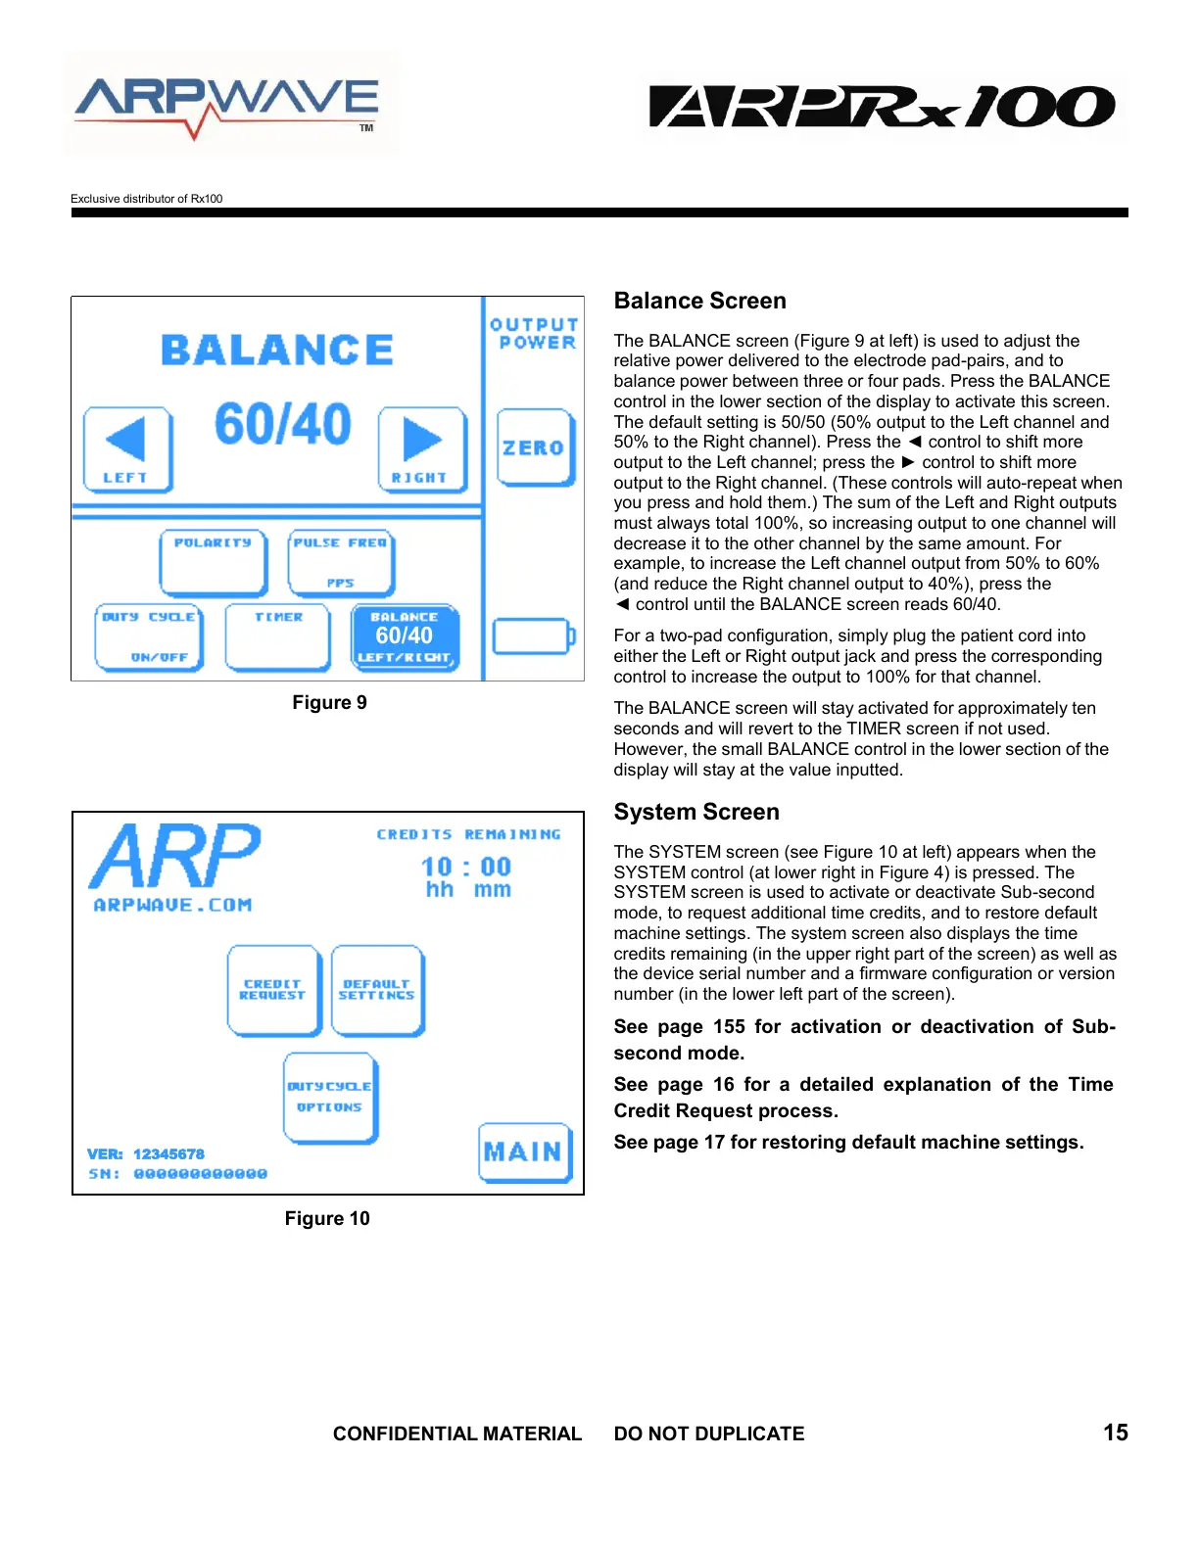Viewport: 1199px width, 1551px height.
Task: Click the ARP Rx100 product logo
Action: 882,106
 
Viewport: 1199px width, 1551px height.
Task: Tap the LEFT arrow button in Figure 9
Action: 127,449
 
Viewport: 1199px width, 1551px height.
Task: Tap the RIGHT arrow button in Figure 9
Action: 422,449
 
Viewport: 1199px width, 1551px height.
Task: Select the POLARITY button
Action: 214,562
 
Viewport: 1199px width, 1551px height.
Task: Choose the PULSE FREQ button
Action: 341,562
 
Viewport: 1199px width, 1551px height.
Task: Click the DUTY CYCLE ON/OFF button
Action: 149,637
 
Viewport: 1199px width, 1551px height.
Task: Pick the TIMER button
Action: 278,637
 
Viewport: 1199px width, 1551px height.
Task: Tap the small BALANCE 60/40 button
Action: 405,637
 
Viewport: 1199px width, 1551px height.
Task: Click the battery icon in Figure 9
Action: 533,636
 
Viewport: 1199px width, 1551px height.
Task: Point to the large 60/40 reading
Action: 283,424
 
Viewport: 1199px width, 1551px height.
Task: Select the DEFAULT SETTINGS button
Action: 377,990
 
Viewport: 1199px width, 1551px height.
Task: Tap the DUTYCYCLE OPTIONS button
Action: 330,1098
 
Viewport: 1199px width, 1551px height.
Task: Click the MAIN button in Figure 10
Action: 525,1152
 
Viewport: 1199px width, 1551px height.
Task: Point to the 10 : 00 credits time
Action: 466,867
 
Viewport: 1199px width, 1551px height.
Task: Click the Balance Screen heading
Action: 699,301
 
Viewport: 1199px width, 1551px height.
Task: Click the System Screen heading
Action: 696,812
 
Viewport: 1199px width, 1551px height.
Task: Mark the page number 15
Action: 1115,1433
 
